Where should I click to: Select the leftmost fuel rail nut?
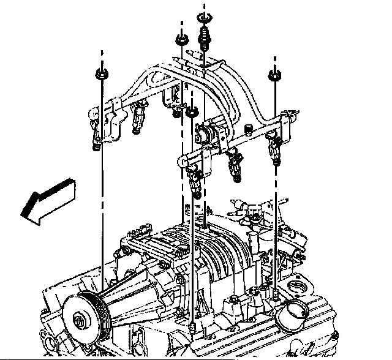click(100, 75)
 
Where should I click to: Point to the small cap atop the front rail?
click(249, 129)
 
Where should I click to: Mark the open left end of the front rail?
click(182, 161)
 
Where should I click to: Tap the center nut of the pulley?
click(79, 320)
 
